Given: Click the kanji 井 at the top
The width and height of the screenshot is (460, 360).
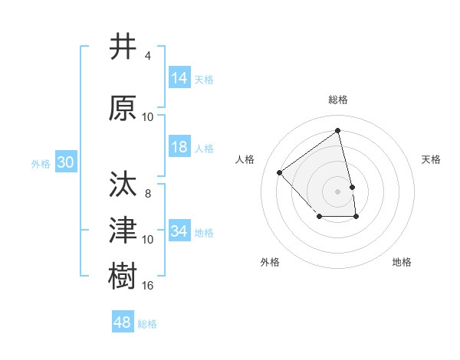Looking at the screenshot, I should click(123, 47).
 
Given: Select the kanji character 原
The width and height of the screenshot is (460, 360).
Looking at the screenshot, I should click(123, 109).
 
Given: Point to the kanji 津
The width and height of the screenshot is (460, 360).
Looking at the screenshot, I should click(123, 231).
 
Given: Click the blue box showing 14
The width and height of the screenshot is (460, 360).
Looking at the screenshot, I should click(179, 78).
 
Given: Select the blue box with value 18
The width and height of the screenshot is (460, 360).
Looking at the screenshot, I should click(179, 147).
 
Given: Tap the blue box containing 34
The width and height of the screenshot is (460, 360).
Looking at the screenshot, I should click(179, 231).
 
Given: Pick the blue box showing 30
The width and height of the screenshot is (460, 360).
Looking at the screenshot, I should click(65, 162).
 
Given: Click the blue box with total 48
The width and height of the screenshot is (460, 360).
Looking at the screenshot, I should click(123, 322).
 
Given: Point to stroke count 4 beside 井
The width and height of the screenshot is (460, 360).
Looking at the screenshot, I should click(148, 56).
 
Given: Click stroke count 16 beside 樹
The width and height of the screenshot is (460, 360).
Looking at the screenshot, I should click(148, 286).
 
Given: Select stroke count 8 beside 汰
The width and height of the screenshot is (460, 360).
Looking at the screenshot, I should click(148, 194).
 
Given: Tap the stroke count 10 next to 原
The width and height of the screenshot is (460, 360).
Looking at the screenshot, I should click(148, 117).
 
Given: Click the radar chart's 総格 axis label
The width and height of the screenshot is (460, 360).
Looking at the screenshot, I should click(338, 100).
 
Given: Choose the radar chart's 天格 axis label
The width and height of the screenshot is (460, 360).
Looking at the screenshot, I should click(432, 159).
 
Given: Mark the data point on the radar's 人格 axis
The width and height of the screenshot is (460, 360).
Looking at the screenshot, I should click(280, 172).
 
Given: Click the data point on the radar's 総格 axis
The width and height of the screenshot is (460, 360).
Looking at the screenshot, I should click(338, 130).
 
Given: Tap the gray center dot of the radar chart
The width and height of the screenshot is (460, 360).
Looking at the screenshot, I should click(338, 191).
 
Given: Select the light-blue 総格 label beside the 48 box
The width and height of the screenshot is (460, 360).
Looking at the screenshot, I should click(147, 323).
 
